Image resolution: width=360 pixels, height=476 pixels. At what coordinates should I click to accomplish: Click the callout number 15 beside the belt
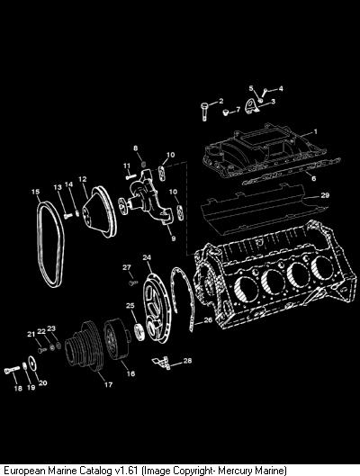(x=35, y=192)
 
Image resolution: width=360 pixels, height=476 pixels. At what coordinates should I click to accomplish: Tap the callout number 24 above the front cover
(x=147, y=257)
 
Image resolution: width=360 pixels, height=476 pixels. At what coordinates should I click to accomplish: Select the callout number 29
(x=325, y=195)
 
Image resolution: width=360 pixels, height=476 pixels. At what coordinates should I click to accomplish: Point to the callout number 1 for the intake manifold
(x=315, y=131)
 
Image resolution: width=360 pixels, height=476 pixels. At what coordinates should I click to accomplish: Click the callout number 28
(x=187, y=361)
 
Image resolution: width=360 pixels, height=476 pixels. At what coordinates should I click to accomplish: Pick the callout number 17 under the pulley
(x=108, y=384)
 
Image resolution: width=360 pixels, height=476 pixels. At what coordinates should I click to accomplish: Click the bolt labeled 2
(x=204, y=112)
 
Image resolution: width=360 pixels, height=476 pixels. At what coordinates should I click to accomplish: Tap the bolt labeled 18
(x=13, y=370)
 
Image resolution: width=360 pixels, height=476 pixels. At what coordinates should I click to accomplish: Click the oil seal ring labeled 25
(x=139, y=332)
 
